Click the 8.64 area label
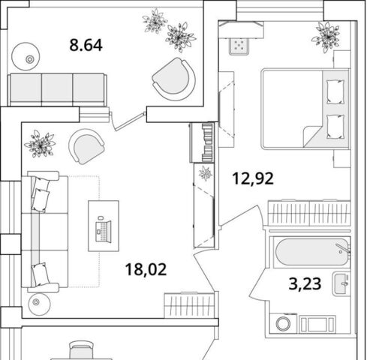(x=86, y=45)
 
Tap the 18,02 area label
(x=146, y=269)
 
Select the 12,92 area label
(x=253, y=178)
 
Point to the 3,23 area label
(x=305, y=283)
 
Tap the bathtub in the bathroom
(x=312, y=252)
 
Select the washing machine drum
(x=284, y=324)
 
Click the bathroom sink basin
(x=341, y=284)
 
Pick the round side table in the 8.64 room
(x=26, y=56)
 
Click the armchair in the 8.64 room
(x=174, y=79)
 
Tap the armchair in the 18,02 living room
(x=87, y=146)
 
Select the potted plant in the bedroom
(x=326, y=37)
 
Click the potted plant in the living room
(x=40, y=144)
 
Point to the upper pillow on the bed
(x=335, y=91)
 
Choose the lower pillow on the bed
(x=335, y=127)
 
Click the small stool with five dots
(x=239, y=46)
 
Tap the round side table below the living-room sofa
(x=39, y=304)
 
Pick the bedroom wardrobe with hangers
(x=309, y=213)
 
